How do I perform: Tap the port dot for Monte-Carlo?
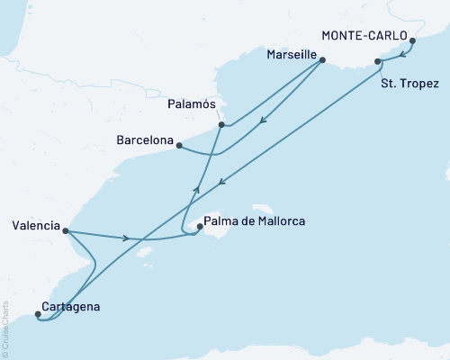tap(412, 40)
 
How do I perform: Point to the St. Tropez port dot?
tap(377, 62)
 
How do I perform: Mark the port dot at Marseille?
tap(324, 62)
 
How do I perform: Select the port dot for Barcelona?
tap(180, 145)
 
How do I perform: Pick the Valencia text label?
tap(35, 224)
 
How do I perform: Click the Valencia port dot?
tap(67, 230)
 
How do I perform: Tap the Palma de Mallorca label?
tap(255, 220)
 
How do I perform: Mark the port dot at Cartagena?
tap(37, 314)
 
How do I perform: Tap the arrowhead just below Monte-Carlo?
tap(401, 54)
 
